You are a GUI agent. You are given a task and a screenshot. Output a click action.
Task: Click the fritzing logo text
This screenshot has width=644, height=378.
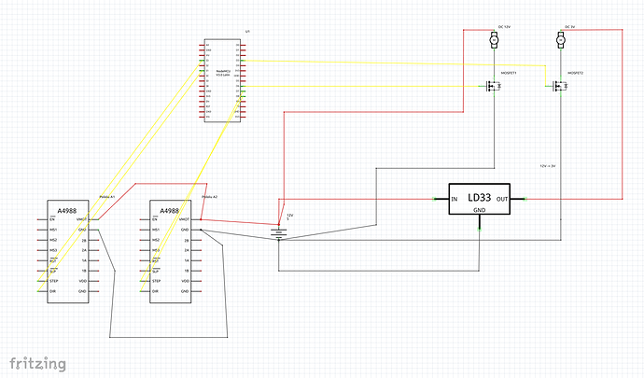tap(38, 362)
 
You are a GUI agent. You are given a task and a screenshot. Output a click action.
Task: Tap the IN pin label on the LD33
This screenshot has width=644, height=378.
tap(455, 200)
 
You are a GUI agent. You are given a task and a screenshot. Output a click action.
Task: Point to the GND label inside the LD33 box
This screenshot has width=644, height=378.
tap(480, 211)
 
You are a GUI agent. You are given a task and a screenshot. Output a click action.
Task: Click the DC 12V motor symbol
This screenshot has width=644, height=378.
tap(493, 41)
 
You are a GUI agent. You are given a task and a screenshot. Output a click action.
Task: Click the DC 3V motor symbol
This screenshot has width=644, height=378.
tap(561, 41)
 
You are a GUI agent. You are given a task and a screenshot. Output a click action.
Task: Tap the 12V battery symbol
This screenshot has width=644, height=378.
tap(279, 231)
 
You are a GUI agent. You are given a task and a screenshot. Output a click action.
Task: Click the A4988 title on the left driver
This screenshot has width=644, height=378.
tap(67, 209)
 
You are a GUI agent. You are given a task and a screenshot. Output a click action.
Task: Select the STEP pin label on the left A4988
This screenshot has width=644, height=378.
tap(53, 281)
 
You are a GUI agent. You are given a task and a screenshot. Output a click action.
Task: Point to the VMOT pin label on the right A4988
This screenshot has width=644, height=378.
tap(185, 219)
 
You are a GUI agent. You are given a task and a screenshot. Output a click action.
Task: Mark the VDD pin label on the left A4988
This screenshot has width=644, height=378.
tap(83, 281)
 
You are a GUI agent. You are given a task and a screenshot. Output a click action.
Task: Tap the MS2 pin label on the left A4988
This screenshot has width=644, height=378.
tap(53, 240)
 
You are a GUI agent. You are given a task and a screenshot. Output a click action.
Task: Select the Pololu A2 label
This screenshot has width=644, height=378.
tap(209, 197)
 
